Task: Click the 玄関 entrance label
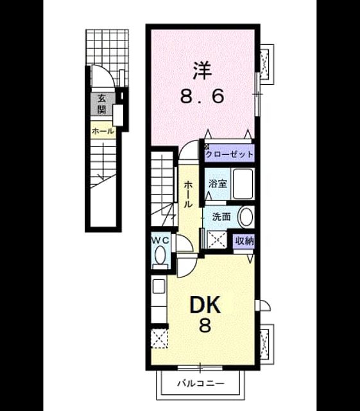[101, 103]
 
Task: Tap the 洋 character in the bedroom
[202, 71]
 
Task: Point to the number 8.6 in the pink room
[202, 96]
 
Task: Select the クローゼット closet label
[229, 154]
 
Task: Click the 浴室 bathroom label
[218, 184]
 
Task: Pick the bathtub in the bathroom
[243, 184]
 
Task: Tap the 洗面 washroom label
[221, 217]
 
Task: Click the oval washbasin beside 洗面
[246, 217]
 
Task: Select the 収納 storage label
[244, 241]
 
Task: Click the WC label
[160, 240]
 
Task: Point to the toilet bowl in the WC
[160, 255]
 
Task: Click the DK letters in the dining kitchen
[205, 304]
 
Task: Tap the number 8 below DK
[205, 326]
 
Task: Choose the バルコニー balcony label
[201, 384]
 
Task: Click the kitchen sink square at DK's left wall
[159, 286]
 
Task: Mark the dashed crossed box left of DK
[159, 338]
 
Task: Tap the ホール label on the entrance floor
[103, 131]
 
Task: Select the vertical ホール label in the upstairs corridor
[187, 194]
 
